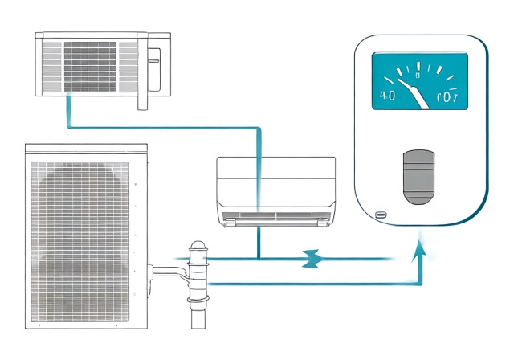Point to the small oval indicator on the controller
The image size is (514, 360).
tap(380, 215)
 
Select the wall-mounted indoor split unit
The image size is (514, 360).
tap(276, 190)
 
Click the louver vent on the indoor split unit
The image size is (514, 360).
tap(276, 216)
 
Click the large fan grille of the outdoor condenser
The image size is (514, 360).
tap(79, 240)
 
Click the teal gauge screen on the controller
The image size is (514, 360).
tap(419, 81)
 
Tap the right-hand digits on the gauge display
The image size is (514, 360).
tap(446, 98)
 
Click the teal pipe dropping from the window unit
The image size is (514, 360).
tap(69, 108)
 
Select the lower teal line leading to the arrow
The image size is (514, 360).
tap(313, 283)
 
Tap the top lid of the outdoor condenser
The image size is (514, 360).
tap(87, 149)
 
